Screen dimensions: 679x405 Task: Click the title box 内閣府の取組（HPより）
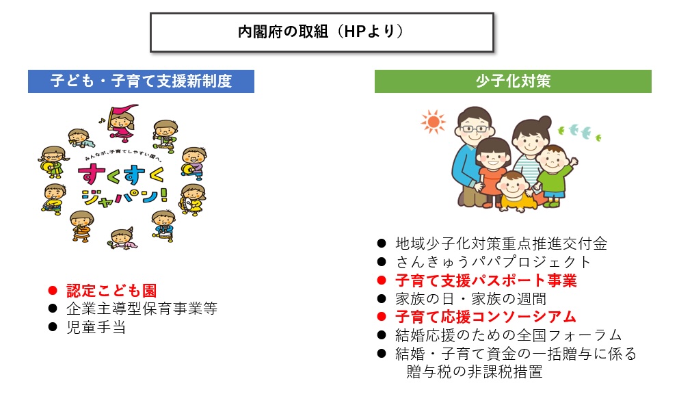click(322, 32)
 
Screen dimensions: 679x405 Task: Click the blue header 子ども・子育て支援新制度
click(141, 81)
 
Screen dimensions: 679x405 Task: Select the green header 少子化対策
click(513, 81)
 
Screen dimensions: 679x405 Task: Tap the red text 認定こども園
click(111, 291)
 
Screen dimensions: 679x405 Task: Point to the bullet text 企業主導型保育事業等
click(142, 309)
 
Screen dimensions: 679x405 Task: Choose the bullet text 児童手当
click(96, 328)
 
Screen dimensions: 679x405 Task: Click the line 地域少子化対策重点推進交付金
click(501, 244)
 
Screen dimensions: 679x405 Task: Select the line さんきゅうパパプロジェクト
click(493, 262)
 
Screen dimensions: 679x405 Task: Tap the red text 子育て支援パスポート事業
click(486, 280)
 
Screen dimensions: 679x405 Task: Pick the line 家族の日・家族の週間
click(470, 299)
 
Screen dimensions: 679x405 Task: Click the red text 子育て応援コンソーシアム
click(485, 317)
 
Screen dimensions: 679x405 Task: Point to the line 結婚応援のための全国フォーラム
click(508, 335)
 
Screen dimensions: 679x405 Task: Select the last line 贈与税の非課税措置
click(474, 372)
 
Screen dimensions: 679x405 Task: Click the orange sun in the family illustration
click(433, 122)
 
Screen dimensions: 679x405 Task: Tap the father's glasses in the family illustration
click(475, 129)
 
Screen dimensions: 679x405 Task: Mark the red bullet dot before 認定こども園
click(53, 291)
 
